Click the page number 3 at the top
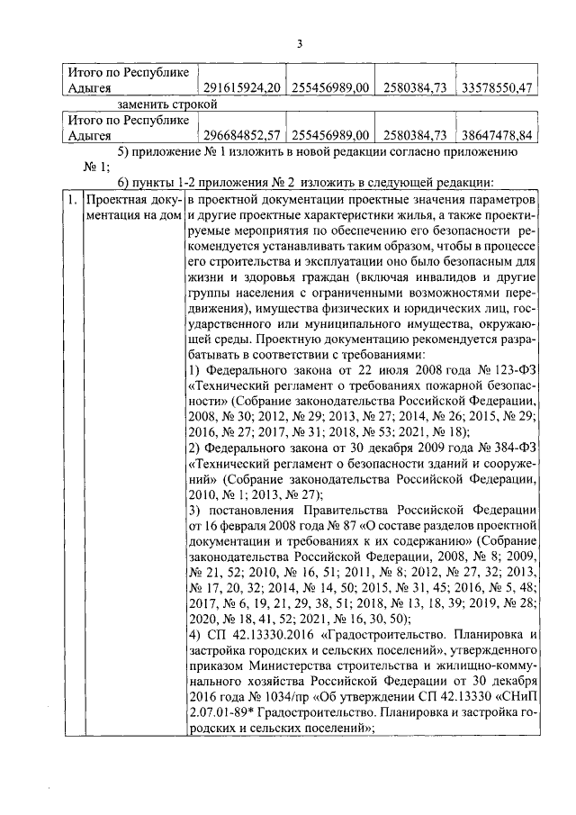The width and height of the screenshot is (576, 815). click(x=301, y=47)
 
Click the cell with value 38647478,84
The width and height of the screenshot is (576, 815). click(x=496, y=136)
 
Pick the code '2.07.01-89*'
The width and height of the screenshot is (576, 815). click(x=225, y=716)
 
